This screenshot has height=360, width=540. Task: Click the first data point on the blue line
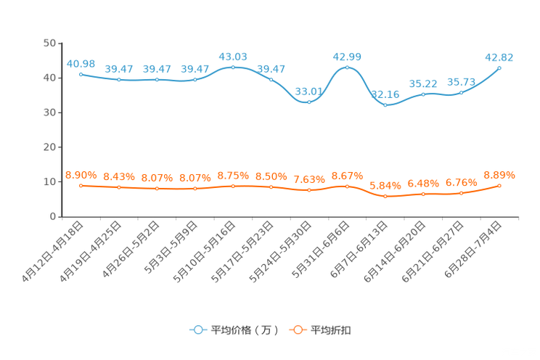click(81, 74)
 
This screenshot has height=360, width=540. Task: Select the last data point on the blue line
click(499, 67)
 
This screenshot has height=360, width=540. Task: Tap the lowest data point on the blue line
click(385, 106)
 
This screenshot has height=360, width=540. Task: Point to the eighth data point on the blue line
click(347, 67)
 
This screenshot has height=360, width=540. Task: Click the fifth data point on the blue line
click(233, 67)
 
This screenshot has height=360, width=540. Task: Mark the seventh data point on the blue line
click(309, 102)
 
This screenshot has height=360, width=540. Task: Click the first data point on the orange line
click(81, 186)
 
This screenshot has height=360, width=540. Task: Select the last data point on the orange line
click(499, 186)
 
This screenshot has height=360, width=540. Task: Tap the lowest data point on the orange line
click(385, 197)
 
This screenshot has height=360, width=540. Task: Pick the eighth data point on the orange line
click(347, 187)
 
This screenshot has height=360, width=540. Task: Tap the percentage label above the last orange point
click(499, 175)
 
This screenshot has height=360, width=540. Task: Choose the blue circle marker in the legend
click(197, 330)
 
